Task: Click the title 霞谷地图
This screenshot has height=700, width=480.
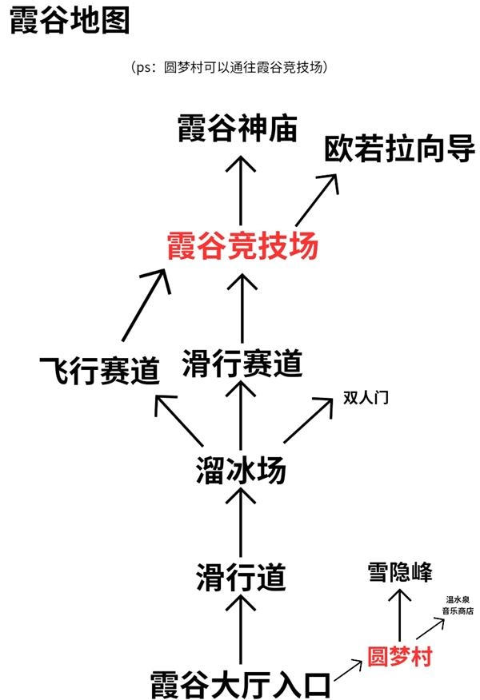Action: (x=69, y=22)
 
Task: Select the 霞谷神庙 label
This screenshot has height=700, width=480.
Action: (x=238, y=129)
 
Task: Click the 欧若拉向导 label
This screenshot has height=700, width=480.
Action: (x=399, y=149)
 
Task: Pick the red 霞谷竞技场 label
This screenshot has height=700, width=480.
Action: (x=242, y=245)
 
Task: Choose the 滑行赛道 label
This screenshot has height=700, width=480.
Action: (x=242, y=364)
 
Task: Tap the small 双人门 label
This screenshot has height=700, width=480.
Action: (x=366, y=397)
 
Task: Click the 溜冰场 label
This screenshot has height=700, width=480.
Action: (x=241, y=471)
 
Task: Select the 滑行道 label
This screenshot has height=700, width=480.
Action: (x=241, y=576)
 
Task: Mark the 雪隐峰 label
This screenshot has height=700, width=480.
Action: (x=400, y=572)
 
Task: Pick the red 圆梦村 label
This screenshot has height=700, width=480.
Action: (x=399, y=657)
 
